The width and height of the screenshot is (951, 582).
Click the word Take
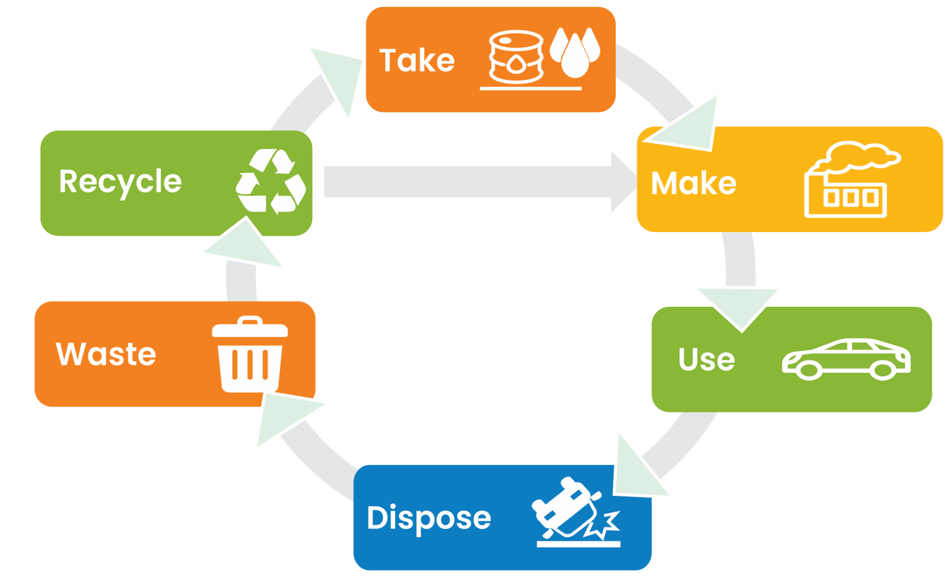417,61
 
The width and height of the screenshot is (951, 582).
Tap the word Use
706,359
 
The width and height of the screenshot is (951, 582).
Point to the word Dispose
429,518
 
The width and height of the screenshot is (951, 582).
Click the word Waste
106,354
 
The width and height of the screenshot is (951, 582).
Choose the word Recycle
120,181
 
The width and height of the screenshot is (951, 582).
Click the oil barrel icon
515,57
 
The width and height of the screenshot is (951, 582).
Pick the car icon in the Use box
846,359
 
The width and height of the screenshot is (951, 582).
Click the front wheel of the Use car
808,370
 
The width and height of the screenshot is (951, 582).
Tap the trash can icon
250,355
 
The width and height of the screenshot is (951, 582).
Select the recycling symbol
271,181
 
